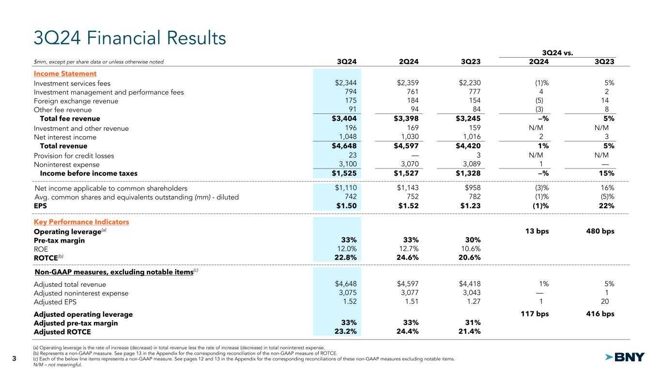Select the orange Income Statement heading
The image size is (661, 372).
[x=65, y=74]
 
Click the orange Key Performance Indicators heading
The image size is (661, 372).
[x=81, y=222]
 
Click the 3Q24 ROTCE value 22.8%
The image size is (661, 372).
[x=346, y=258]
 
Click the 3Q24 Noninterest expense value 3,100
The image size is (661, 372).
[x=348, y=165]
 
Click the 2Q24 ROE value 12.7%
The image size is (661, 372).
[x=408, y=248]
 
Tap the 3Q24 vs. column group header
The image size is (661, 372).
[x=557, y=52]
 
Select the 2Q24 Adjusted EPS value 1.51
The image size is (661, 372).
[x=411, y=302]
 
